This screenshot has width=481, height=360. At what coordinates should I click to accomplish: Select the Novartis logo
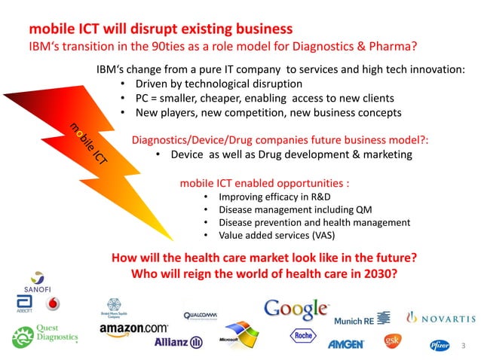441,317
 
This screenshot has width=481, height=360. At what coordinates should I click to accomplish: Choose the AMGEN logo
346,344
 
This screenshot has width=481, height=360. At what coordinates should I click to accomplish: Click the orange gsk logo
392,341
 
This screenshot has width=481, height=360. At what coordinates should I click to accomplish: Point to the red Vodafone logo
52,304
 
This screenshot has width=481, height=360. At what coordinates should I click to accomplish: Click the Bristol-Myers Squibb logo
114,307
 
